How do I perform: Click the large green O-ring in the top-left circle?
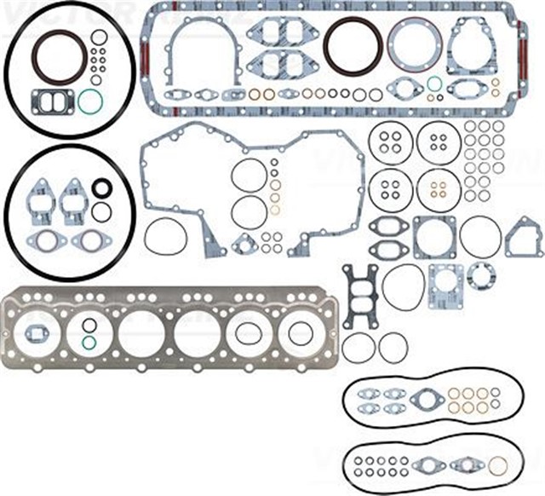89,101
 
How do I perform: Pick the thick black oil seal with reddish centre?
101,188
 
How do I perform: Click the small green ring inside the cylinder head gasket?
89,343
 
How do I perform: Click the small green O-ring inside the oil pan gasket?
435,84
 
